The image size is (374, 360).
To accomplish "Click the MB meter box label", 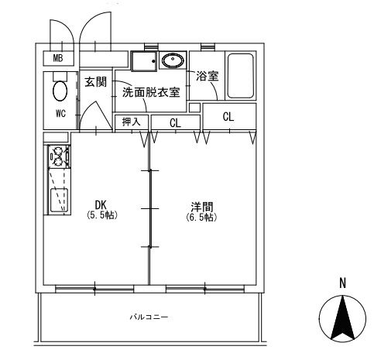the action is tap(58, 58).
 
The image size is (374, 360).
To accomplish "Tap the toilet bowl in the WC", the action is tap(60, 91).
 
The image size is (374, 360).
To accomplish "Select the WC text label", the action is tap(60, 113).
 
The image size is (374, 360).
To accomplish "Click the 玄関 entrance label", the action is tap(95, 82).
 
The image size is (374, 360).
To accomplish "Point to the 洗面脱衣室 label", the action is tap(151, 92).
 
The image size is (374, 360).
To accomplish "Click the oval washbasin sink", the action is tap(173, 60).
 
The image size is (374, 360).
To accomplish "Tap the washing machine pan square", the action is tap(144, 61).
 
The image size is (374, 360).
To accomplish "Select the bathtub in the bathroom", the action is tap(240, 76).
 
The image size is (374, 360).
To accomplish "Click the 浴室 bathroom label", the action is tap(208, 76).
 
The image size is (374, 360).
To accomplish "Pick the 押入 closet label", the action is tap(132, 122).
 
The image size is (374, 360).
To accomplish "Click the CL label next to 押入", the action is tap(175, 123).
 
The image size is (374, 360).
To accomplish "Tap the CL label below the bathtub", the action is tap(228, 117).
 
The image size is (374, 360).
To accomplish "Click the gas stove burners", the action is tap(59, 156).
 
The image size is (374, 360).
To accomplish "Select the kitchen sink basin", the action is tap(59, 201).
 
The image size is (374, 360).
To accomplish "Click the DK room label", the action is tap(101, 205).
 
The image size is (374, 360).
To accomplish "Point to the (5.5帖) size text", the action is tap(102, 214).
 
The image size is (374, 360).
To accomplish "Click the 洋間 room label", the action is tap(202, 207).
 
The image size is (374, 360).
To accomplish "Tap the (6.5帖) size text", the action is tap(201, 218).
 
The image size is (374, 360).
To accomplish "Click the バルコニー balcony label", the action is tap(149, 317).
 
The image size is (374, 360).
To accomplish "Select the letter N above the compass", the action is tap(342, 283).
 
